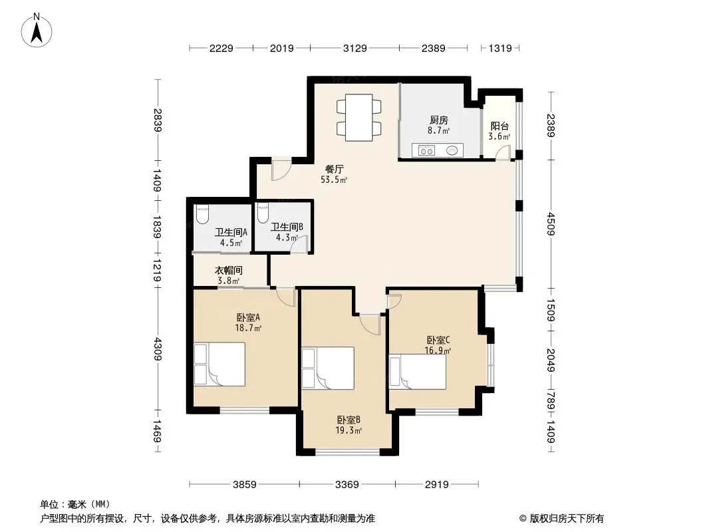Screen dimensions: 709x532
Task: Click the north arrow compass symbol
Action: (x=37, y=31)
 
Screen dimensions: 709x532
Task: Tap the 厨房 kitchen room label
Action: (x=438, y=120)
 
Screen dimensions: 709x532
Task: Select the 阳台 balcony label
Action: (x=499, y=126)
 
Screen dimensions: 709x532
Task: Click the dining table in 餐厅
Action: (x=359, y=118)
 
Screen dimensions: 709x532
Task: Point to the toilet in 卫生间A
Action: (x=203, y=213)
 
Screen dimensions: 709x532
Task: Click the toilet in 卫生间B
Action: (x=262, y=213)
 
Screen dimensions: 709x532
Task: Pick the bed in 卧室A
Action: (x=219, y=364)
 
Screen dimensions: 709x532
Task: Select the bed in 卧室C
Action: (x=418, y=372)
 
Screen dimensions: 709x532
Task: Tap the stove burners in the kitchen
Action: (x=426, y=150)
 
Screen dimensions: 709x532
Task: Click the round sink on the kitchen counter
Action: (x=452, y=150)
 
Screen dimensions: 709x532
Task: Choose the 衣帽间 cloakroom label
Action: (x=228, y=270)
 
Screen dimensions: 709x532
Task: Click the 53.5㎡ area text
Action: (x=334, y=180)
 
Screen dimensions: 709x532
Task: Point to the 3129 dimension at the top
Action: (x=355, y=48)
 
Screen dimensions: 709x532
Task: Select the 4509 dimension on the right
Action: (x=550, y=223)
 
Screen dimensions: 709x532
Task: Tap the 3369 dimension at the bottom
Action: (x=347, y=485)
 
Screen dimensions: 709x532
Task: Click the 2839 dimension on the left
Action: (x=158, y=120)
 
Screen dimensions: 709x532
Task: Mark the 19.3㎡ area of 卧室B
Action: (x=348, y=431)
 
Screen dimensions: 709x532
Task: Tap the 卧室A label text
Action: (x=248, y=318)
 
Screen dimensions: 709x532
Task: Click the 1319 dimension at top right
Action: (x=500, y=48)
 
